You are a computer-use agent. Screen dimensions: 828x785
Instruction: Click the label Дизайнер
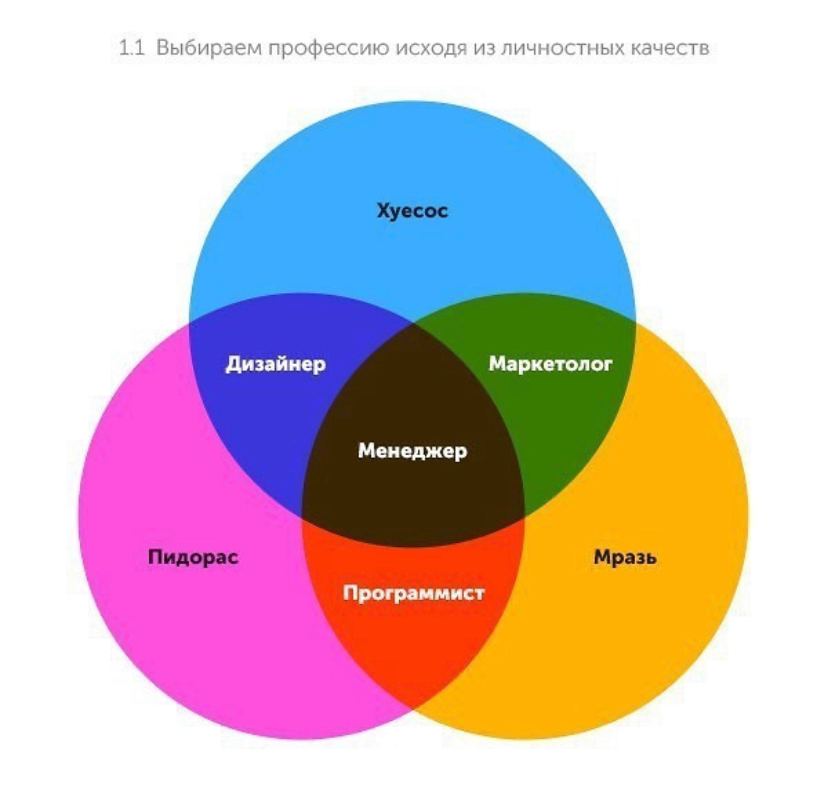[276, 364]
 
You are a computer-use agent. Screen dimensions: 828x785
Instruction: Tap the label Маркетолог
[550, 364]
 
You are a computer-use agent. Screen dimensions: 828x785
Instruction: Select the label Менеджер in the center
[412, 451]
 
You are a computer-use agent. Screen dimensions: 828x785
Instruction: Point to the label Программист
[413, 593]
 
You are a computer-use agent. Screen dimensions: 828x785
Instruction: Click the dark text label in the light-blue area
[412, 211]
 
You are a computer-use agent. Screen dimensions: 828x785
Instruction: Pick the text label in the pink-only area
[193, 557]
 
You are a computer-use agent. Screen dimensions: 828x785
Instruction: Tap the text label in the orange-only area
[625, 557]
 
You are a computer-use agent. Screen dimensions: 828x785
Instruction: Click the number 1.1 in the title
[131, 49]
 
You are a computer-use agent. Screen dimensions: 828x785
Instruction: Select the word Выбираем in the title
[209, 49]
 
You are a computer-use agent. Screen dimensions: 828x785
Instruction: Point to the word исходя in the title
[431, 49]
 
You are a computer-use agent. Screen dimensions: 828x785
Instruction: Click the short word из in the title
[483, 49]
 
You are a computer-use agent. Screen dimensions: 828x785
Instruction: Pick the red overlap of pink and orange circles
[413, 623]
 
